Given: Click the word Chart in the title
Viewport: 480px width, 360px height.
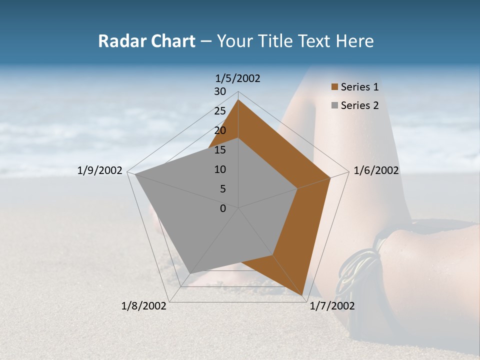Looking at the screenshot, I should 170,41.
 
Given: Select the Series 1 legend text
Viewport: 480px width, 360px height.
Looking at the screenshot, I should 359,87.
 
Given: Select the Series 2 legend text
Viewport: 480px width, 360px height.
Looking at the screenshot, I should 359,105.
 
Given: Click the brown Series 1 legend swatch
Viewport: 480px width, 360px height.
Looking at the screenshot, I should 334,87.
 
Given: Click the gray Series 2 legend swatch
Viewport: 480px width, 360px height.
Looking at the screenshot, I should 334,105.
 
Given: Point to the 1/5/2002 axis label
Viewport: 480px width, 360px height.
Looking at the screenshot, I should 238,78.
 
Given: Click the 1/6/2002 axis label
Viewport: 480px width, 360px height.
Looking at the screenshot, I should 376,170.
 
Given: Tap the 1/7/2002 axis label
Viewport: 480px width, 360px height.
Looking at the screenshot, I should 332,306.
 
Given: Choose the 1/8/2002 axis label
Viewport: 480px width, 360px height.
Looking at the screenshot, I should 144,306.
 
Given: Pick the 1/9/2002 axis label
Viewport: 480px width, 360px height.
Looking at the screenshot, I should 100,170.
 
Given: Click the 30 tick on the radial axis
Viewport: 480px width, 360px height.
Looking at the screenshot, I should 220,91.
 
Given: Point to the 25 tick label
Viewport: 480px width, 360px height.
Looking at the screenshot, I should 220,111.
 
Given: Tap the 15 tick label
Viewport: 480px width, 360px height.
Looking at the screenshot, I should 220,150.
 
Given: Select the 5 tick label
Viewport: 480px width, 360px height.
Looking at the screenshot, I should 222,189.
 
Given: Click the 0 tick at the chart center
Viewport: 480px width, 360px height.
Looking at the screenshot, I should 223,208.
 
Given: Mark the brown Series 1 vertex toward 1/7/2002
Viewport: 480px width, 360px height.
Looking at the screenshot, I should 302,295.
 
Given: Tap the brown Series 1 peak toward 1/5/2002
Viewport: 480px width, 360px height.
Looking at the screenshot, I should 238,100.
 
